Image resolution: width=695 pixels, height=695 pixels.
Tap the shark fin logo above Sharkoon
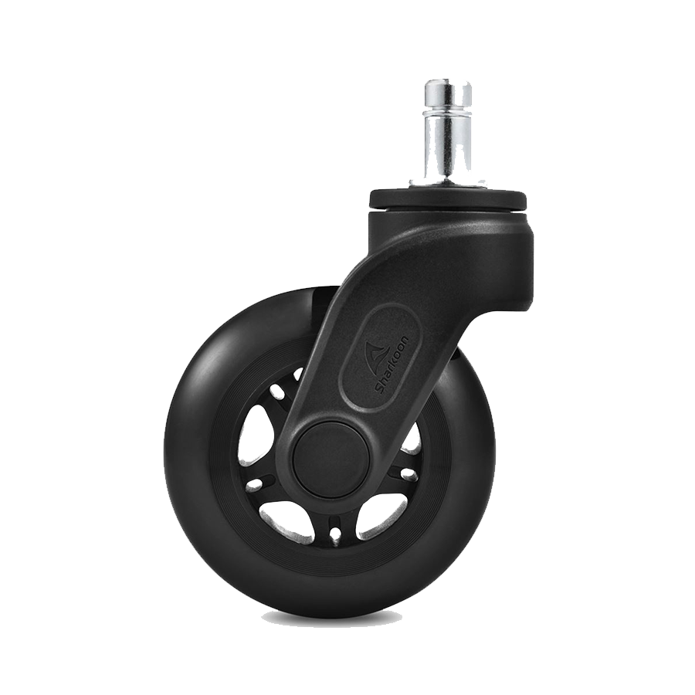[373, 351]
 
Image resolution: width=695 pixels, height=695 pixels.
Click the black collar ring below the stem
[448, 198]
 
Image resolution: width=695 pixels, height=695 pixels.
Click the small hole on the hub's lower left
[253, 483]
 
